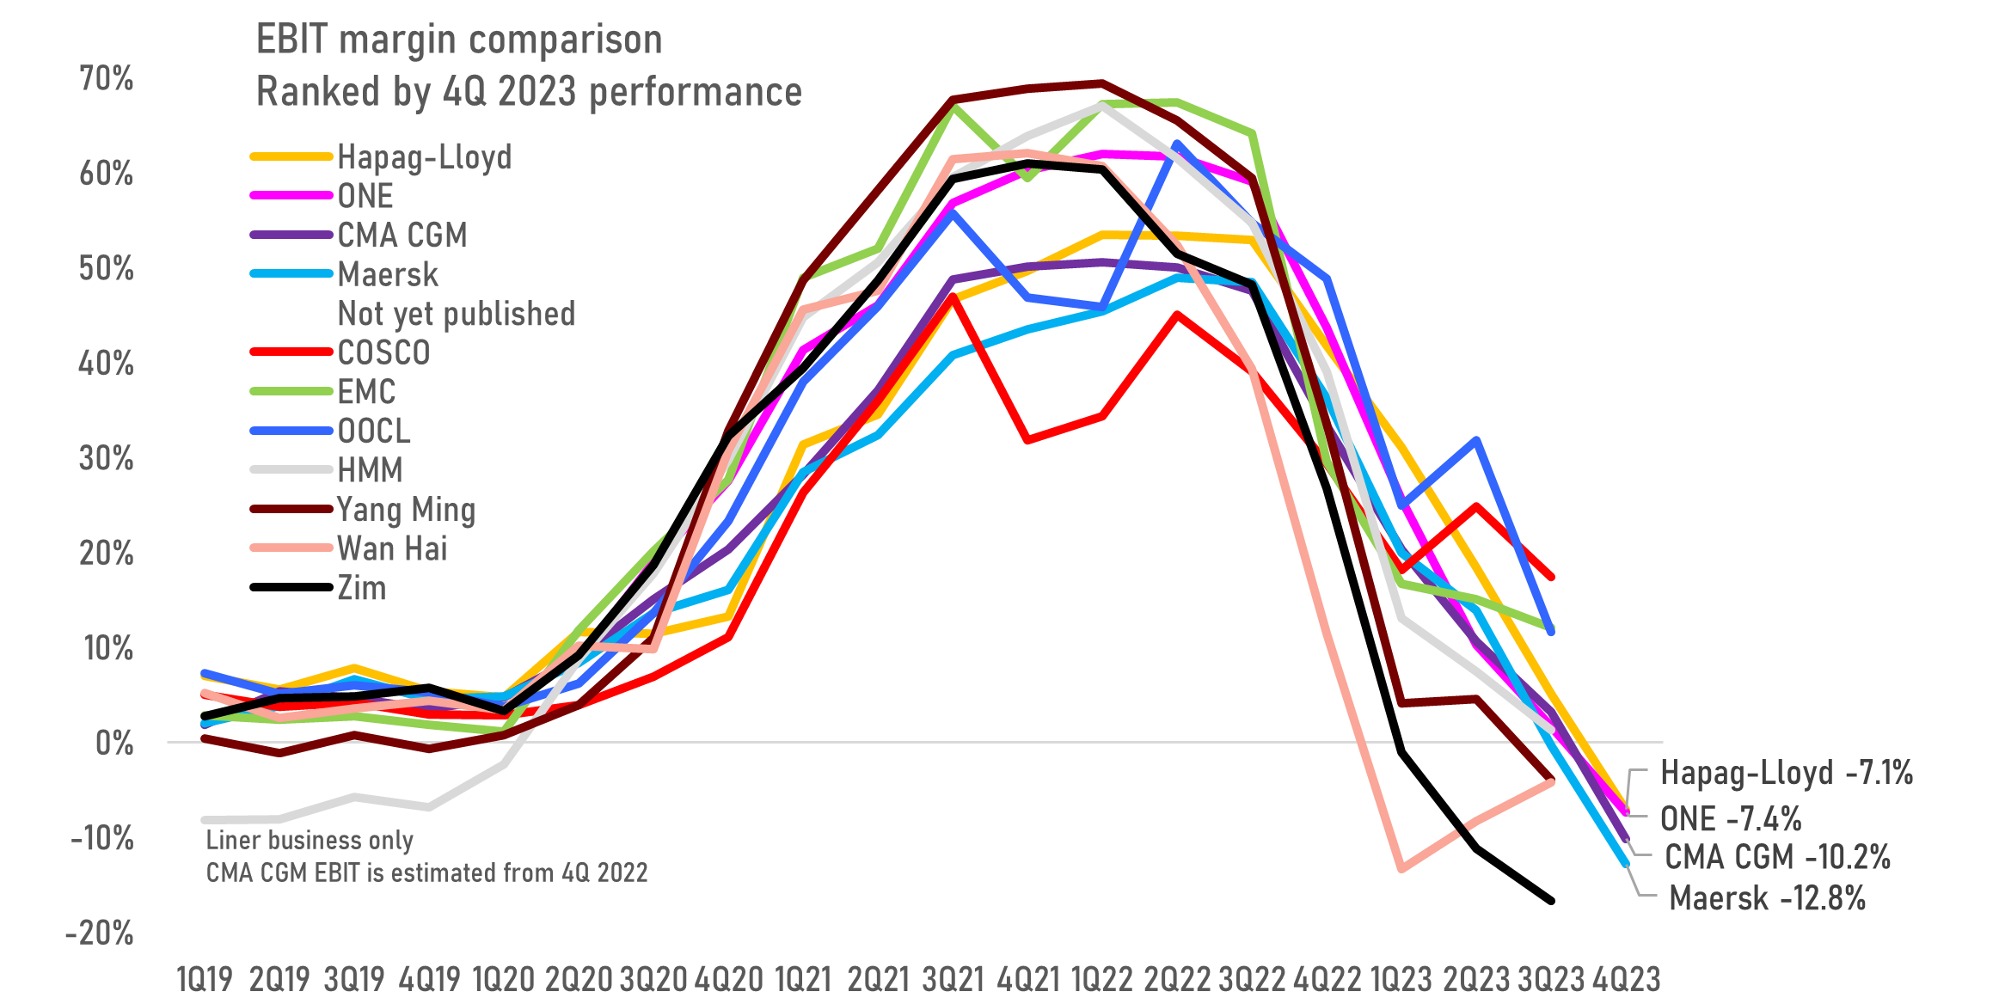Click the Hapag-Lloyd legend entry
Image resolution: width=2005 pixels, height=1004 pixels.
tap(424, 157)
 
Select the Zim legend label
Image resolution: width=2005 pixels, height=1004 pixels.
tap(362, 588)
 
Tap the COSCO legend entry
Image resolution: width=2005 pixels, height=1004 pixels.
tap(383, 352)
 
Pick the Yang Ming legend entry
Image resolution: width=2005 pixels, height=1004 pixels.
tap(406, 510)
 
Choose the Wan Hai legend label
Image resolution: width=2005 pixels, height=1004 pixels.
tap(392, 548)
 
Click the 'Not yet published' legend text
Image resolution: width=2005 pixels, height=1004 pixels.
tap(457, 314)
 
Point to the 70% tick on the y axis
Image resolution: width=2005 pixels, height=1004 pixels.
tap(107, 78)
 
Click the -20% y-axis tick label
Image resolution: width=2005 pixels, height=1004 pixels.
tap(100, 933)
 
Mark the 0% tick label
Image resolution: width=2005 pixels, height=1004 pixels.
tap(114, 743)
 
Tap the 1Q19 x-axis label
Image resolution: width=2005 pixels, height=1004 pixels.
tap(205, 979)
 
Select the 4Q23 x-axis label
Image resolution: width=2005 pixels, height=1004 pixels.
tap(1627, 979)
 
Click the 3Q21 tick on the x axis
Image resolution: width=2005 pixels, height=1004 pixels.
tap(953, 979)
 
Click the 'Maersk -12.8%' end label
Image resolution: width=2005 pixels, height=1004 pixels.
tap(1767, 898)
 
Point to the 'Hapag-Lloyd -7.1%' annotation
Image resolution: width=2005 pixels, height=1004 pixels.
tap(1787, 773)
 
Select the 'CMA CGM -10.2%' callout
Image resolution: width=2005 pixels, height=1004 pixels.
tap(1777, 857)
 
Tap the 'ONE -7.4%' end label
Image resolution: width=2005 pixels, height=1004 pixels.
tap(1730, 818)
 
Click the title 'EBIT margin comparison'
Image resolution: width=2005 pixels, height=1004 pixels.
tap(459, 40)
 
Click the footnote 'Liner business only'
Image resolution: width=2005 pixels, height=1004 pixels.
tap(310, 840)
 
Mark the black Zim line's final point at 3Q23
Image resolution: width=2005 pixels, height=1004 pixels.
tap(1552, 901)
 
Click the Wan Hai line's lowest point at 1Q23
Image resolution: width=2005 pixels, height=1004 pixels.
tap(1402, 869)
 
